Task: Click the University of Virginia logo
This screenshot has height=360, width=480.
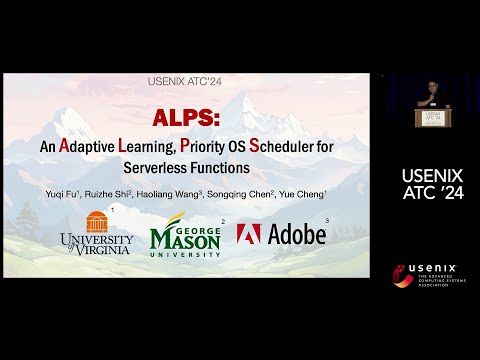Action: tap(96, 233)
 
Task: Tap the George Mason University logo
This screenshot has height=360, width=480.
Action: tap(186, 237)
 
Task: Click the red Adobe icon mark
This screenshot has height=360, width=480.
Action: tap(250, 234)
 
